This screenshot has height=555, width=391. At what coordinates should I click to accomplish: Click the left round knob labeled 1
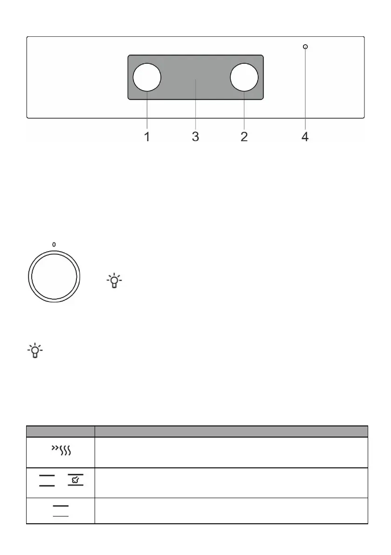click(147, 77)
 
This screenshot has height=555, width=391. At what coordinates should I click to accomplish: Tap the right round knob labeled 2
click(244, 77)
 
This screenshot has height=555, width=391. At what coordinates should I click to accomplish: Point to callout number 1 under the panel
click(147, 137)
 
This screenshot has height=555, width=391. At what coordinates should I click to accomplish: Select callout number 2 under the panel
click(244, 137)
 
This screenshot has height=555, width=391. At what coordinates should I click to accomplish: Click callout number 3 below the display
click(195, 137)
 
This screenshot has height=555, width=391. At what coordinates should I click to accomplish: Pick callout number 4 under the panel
click(305, 137)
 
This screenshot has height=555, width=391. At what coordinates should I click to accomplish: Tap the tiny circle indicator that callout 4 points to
click(305, 47)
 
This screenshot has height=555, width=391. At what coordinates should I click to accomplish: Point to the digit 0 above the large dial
click(54, 245)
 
